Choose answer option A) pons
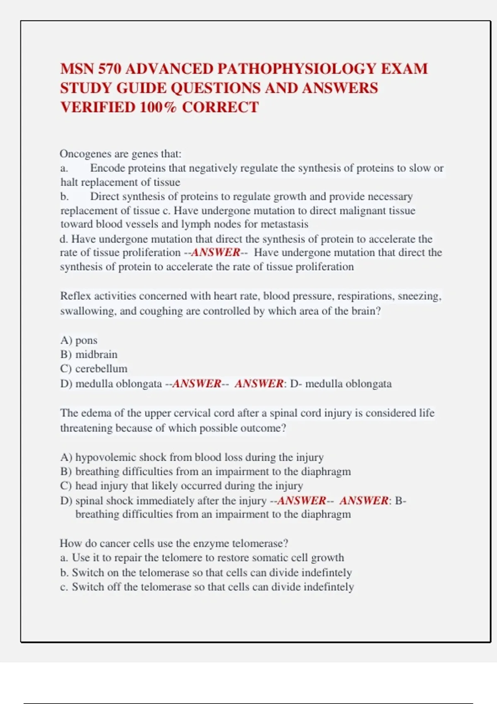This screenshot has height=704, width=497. (x=79, y=340)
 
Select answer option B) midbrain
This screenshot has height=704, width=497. (x=89, y=354)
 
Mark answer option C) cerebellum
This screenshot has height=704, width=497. (x=94, y=369)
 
